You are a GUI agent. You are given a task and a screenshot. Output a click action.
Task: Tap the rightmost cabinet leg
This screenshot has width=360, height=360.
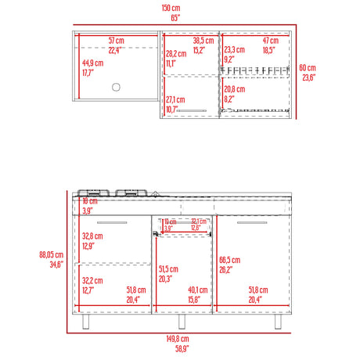[278, 321]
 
